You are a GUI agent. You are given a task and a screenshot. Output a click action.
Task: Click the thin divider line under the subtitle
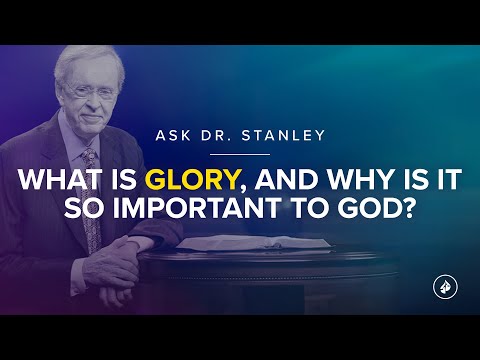pyautogui.click(x=240, y=155)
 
